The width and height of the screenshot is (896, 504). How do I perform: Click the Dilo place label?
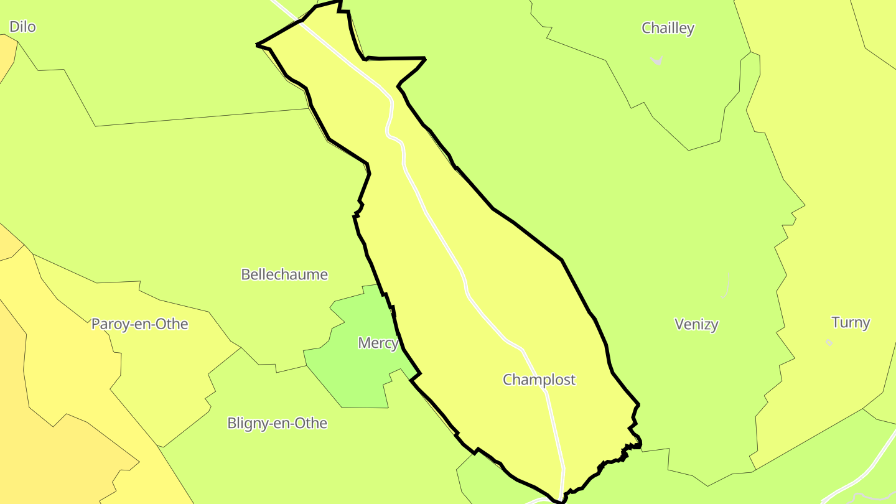(22, 27)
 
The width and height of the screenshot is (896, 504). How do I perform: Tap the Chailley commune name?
(668, 29)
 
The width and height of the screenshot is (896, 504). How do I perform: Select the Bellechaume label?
(284, 274)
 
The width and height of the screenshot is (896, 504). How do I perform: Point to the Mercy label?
(378, 343)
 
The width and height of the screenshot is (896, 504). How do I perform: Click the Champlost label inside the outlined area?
(539, 380)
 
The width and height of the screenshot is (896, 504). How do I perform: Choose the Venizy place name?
(696, 324)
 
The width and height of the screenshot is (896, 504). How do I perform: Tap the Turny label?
(851, 322)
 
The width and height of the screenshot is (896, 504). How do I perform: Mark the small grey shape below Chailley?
(657, 60)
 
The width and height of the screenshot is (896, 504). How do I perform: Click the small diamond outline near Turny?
(829, 342)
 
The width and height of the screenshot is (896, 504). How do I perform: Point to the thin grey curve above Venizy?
(726, 285)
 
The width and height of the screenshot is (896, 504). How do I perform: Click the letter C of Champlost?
(508, 380)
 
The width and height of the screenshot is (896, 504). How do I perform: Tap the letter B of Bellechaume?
(245, 274)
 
